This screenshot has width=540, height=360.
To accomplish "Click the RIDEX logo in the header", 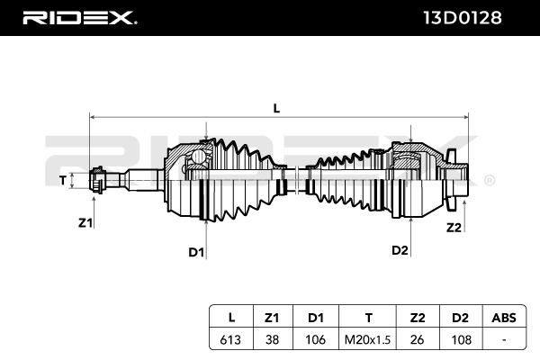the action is [79, 18].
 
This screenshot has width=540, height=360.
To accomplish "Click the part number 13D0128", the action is [463, 18].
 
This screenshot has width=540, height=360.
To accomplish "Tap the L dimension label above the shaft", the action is [276, 109].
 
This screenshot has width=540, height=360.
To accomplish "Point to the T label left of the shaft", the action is [63, 180].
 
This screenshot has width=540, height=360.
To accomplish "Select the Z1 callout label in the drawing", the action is [85, 223].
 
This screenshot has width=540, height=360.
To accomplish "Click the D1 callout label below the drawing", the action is [196, 253].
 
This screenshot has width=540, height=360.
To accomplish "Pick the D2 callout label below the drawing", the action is [400, 250].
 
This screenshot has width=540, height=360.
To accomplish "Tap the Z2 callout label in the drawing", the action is [454, 228].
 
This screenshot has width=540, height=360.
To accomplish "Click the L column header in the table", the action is [231, 318].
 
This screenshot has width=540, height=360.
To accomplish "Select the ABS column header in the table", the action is [504, 318].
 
